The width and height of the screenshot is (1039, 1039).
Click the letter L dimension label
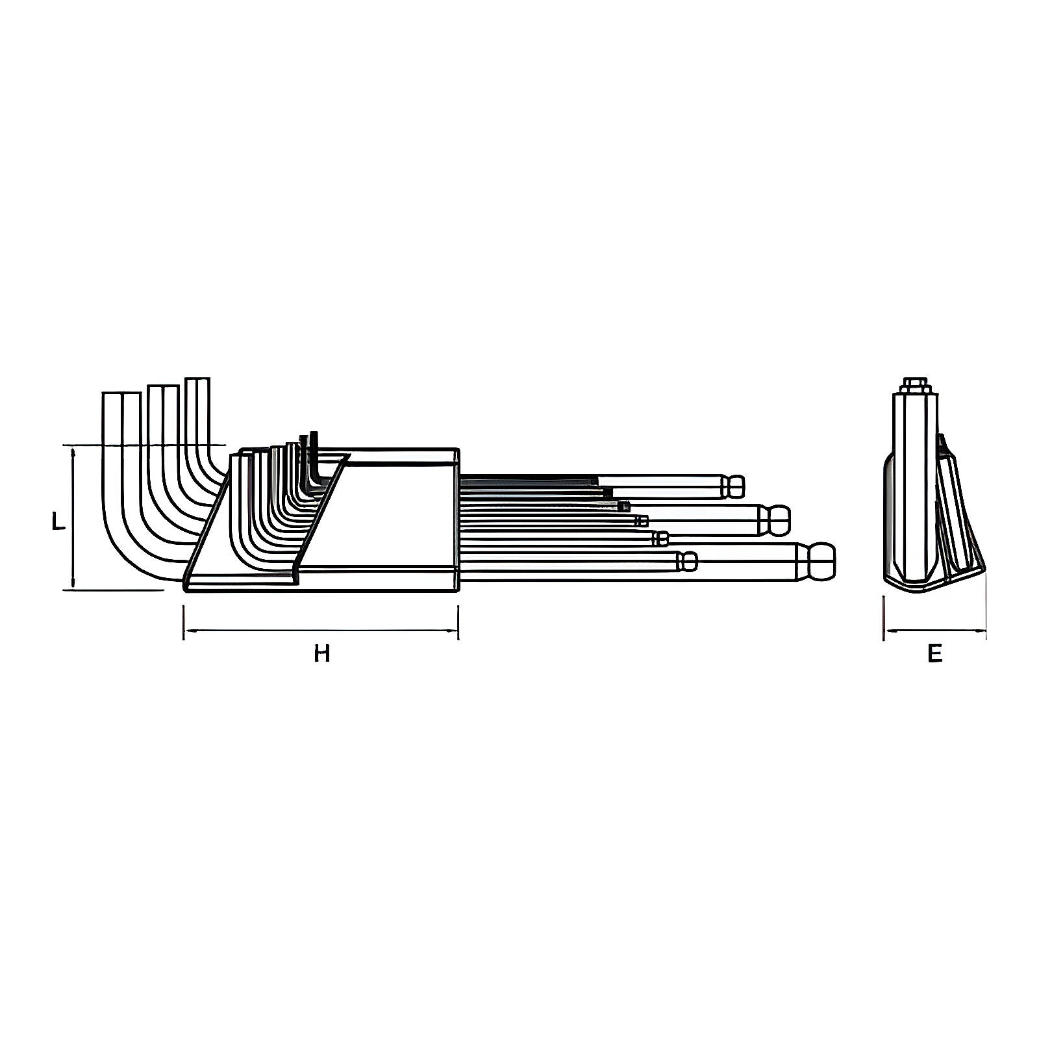[59, 521]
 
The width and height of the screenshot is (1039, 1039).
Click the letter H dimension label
[322, 653]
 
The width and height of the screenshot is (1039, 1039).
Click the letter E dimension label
[934, 653]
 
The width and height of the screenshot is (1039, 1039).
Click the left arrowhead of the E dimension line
[889, 630]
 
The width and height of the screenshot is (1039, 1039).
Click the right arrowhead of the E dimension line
[981, 630]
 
